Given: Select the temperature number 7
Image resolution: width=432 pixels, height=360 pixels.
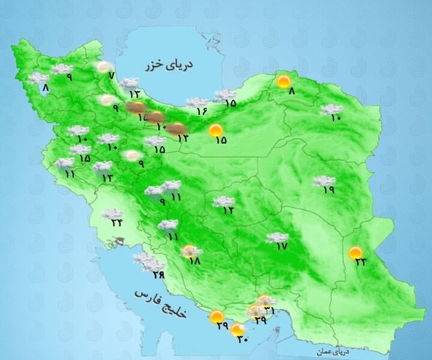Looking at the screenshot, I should click(111, 75).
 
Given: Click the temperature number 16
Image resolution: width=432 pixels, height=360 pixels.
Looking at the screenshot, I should click(201, 110).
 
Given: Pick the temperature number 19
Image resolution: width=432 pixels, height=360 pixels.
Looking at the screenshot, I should click(328, 190).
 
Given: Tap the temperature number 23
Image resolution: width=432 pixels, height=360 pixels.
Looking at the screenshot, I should click(360, 262).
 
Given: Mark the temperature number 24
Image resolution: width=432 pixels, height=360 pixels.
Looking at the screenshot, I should click(116, 223).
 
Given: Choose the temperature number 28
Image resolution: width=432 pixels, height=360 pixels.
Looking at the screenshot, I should click(158, 275).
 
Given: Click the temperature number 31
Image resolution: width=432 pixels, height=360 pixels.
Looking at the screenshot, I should click(269, 310).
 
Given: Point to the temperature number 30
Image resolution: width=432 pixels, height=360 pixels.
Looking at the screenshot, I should click(242, 339).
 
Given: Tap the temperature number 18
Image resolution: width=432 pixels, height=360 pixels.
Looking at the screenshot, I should click(194, 261).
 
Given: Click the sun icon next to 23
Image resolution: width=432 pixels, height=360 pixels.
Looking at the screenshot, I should click(356, 252).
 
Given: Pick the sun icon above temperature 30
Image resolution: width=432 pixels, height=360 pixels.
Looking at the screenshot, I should click(238, 329).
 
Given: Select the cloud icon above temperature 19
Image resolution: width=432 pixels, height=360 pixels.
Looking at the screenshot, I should click(324, 180).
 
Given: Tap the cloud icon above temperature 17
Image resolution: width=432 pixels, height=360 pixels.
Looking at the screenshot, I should click(277, 237).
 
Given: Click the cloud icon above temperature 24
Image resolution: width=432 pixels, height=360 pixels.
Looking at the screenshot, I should click(112, 214).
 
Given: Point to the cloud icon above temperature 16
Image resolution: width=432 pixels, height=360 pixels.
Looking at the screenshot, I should click(196, 103).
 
